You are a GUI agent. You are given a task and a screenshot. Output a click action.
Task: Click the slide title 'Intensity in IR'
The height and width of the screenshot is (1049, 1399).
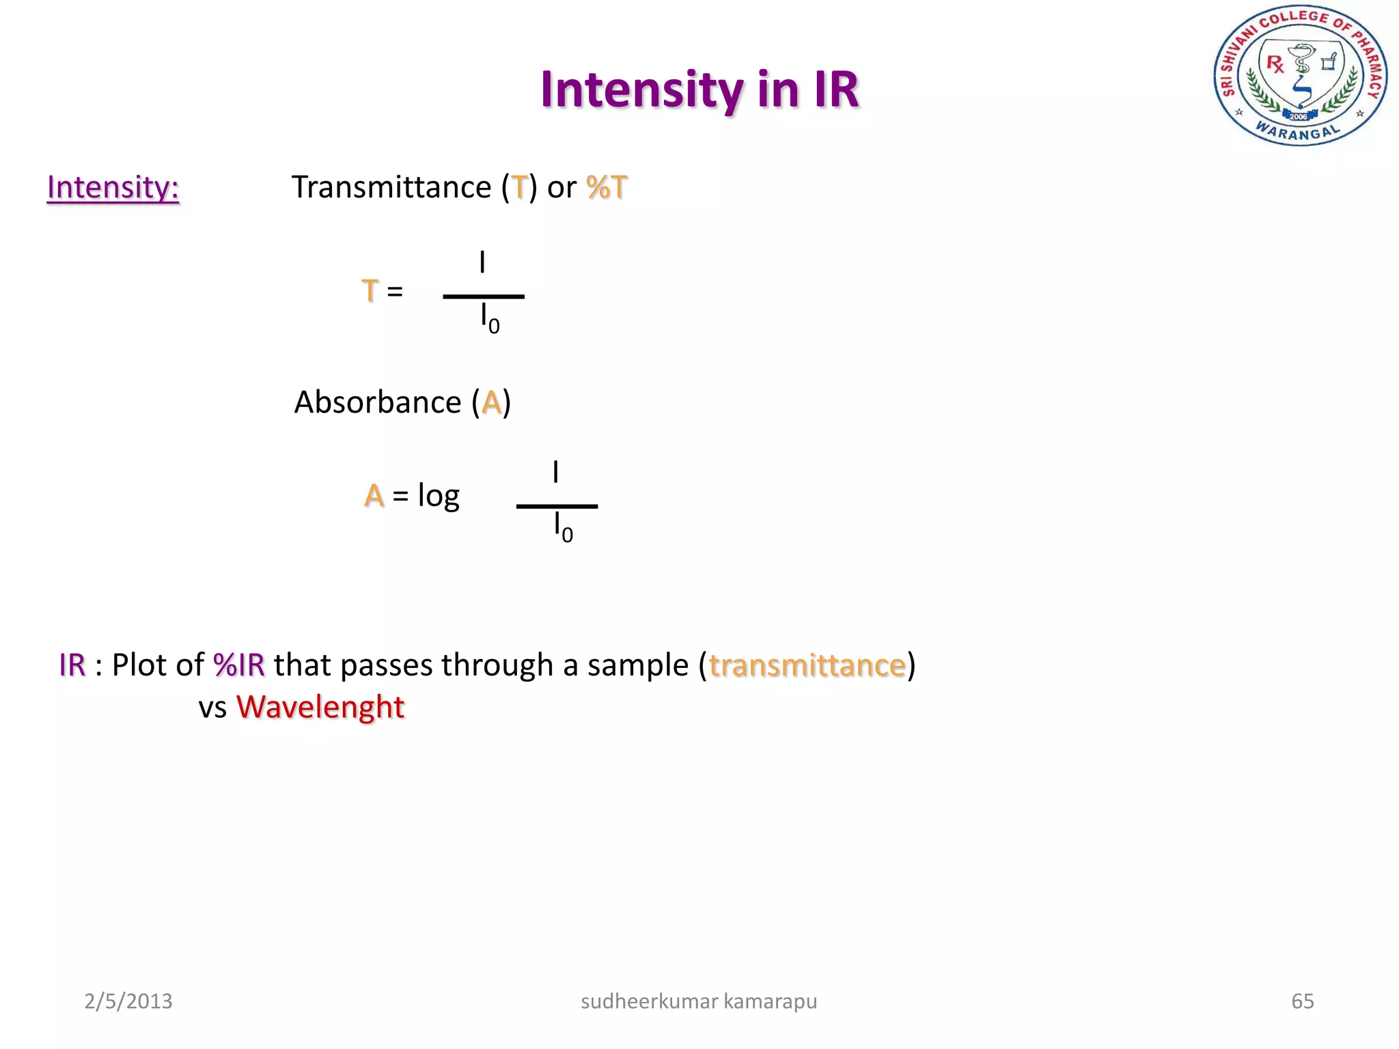(x=699, y=89)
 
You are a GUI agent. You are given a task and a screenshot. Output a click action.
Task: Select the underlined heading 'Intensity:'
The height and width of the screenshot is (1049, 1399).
(x=113, y=187)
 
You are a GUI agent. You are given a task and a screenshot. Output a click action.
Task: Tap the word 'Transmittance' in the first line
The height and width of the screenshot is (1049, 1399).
(x=391, y=187)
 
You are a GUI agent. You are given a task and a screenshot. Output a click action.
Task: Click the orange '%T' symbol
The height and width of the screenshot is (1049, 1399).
(x=606, y=187)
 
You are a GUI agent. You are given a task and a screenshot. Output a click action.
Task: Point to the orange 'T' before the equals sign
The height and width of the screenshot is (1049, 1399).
(x=370, y=291)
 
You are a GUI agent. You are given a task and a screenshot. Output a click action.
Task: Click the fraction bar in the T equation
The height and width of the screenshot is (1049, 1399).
(x=484, y=296)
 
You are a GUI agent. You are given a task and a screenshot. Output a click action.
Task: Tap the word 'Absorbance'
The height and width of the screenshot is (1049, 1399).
(x=377, y=402)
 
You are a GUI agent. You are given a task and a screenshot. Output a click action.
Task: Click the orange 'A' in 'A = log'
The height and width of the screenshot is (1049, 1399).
(x=374, y=495)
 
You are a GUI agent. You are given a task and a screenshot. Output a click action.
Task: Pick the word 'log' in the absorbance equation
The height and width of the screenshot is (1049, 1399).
(x=439, y=496)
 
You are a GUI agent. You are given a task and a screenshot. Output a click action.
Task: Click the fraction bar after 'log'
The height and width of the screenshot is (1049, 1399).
(x=557, y=506)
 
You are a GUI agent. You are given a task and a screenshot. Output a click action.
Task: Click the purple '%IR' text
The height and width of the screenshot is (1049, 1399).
(x=239, y=665)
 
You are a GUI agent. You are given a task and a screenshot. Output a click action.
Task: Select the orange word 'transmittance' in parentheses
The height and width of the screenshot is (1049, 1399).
(x=807, y=665)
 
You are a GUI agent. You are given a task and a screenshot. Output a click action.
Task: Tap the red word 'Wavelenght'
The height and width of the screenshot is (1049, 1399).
(x=320, y=707)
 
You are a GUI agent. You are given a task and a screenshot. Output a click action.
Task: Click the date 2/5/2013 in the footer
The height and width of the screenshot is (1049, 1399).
(x=128, y=1001)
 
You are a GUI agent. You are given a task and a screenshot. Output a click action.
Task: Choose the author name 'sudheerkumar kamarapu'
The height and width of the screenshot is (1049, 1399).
(x=699, y=1001)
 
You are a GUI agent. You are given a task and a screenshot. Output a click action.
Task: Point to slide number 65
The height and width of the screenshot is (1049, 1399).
(x=1302, y=1001)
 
